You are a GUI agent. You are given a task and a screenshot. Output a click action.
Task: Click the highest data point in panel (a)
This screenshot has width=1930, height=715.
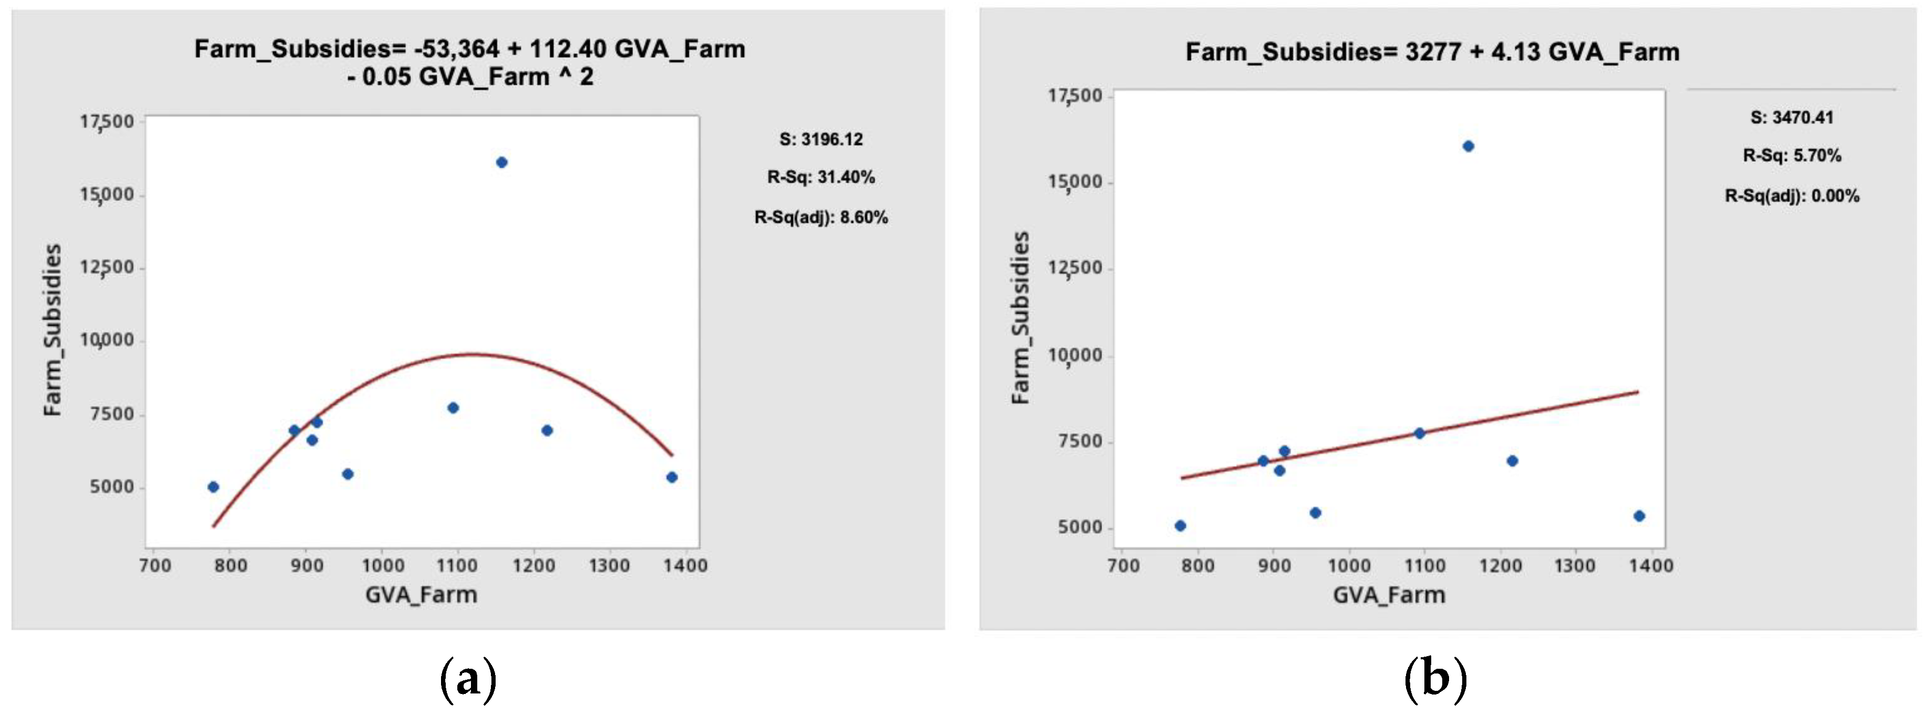(501, 162)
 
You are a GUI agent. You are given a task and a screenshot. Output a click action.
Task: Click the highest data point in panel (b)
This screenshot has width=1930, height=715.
(1468, 146)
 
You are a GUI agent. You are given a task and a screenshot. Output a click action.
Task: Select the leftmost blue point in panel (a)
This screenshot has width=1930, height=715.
(213, 486)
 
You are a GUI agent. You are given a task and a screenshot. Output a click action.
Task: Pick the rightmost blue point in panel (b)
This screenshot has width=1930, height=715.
(1639, 516)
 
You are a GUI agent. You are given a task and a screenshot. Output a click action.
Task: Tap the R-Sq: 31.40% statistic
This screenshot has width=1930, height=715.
(821, 178)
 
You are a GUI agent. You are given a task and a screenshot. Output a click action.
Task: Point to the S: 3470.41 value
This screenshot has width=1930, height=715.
(1791, 118)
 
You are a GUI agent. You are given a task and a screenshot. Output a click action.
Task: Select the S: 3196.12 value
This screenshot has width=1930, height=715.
(821, 139)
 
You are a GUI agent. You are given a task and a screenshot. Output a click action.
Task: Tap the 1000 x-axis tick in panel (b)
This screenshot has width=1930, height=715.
(1349, 566)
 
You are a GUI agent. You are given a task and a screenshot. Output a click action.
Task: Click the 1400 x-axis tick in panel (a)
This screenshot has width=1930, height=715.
(686, 566)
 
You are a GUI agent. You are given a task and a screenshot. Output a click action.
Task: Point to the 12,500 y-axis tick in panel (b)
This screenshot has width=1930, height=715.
(1075, 269)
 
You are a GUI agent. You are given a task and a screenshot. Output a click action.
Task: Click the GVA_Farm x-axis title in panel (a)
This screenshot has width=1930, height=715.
(421, 595)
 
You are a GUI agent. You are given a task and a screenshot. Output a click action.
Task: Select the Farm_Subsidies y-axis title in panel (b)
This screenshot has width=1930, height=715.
(1021, 318)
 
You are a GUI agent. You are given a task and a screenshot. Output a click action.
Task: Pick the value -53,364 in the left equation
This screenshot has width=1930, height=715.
(456, 49)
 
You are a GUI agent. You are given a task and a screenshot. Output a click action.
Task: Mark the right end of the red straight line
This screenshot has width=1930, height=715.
(1638, 391)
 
